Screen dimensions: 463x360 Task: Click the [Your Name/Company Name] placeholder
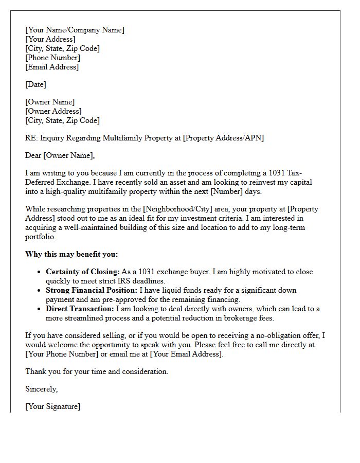75,30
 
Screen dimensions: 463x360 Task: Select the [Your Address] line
50,39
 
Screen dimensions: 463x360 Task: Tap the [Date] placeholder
35,84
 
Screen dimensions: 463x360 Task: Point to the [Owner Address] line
53,111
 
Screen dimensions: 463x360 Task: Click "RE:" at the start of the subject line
31,138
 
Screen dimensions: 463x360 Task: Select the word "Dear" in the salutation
33,155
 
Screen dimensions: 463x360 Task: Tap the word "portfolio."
40,237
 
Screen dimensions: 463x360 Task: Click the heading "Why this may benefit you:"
71,254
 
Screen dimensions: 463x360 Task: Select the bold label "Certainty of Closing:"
83,272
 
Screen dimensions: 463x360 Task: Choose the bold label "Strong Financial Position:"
92,290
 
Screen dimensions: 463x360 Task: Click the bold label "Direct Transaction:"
80,309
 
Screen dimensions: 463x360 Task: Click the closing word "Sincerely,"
41,389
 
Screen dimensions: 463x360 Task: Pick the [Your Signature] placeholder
52,406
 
